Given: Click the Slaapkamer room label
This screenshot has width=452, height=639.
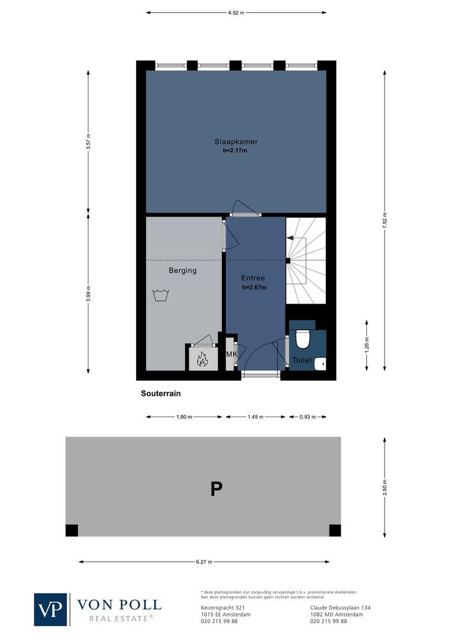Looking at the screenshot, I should tap(235, 141).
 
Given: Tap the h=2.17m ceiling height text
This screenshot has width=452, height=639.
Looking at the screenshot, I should tap(235, 151).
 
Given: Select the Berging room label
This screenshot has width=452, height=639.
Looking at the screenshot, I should tap(182, 270).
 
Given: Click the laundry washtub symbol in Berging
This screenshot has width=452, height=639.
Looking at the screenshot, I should tap(160, 295).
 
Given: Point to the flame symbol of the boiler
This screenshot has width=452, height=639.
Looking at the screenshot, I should tap(202, 359).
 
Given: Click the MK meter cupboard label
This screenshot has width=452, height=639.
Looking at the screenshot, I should tap(231, 354).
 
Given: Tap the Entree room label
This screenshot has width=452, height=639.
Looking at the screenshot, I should tap(253, 278).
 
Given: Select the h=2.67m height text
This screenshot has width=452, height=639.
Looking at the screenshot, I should tap(254, 288).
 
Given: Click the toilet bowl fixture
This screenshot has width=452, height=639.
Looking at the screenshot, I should tap(302, 338).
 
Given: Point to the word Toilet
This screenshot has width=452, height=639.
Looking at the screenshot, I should tap(301, 360).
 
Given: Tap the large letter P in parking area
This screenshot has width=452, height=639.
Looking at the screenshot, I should tap(217, 489).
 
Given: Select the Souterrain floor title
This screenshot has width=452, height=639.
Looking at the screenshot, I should tap(160, 393).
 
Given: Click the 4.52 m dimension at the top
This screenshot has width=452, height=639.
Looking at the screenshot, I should tap(236, 12).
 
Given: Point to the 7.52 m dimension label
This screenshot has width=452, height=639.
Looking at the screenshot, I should tap(385, 221).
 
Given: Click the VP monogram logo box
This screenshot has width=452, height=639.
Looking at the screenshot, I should tap(51, 609).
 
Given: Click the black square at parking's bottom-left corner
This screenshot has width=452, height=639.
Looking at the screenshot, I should tap(72, 530).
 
